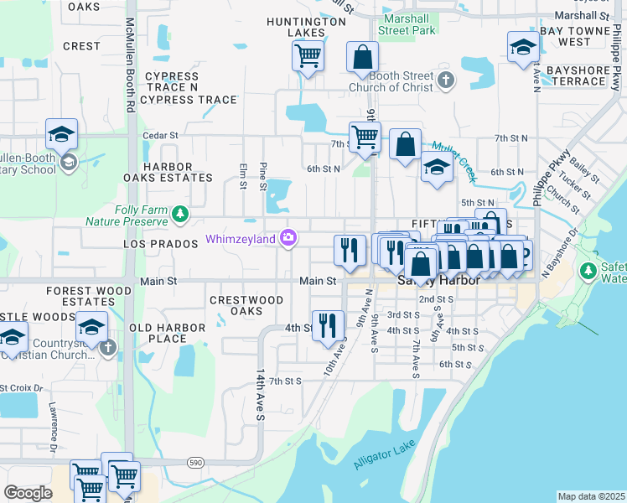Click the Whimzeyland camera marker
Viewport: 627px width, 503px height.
tap(288, 239)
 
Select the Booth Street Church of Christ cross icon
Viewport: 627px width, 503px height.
tap(446, 81)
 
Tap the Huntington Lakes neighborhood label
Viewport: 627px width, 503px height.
tap(295, 27)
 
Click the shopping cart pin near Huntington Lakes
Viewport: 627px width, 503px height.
tap(308, 57)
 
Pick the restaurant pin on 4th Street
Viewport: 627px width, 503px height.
tap(328, 324)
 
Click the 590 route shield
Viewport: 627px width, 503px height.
tap(195, 462)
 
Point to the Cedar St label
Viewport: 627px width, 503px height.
tap(160, 135)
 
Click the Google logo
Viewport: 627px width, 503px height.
tap(28, 493)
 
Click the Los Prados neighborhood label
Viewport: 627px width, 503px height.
tap(158, 242)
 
